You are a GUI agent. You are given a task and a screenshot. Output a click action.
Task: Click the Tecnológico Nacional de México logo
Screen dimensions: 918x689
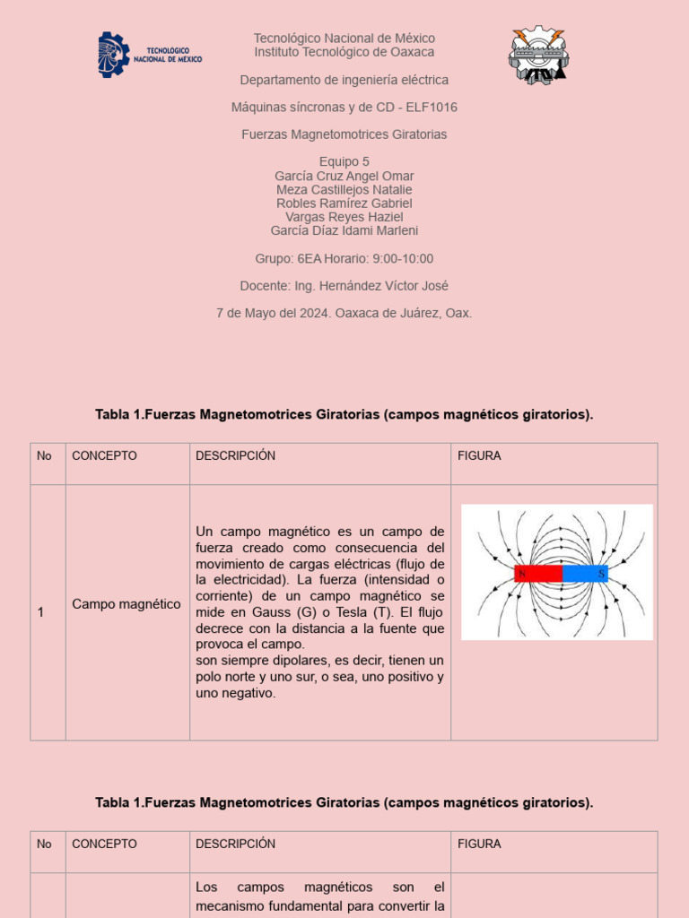[150, 54]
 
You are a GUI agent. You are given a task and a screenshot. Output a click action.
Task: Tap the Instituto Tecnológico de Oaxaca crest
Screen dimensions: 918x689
[538, 56]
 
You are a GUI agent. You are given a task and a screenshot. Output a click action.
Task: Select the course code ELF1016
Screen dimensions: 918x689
[432, 108]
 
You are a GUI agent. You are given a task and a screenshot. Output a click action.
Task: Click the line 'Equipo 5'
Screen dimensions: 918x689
[344, 162]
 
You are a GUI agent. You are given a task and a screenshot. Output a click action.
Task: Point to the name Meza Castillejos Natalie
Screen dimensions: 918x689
[344, 190]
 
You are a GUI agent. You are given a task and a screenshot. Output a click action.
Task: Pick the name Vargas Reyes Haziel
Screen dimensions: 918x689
[344, 217]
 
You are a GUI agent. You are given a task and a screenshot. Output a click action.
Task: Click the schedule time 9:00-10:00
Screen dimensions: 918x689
[403, 259]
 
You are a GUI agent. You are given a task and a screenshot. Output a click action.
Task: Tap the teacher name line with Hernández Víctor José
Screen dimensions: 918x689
[371, 286]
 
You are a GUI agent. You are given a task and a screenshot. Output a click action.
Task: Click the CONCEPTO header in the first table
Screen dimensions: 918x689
[104, 456]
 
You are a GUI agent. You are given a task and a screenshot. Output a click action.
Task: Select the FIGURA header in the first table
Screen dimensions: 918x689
[479, 456]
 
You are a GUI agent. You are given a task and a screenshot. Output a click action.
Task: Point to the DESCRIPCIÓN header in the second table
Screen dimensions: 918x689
[235, 844]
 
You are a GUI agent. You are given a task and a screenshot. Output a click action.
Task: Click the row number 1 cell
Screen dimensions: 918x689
[40, 612]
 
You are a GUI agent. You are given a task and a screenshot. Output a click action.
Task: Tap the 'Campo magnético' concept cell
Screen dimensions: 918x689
[126, 604]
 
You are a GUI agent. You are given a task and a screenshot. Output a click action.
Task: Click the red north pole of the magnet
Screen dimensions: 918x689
[537, 574]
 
